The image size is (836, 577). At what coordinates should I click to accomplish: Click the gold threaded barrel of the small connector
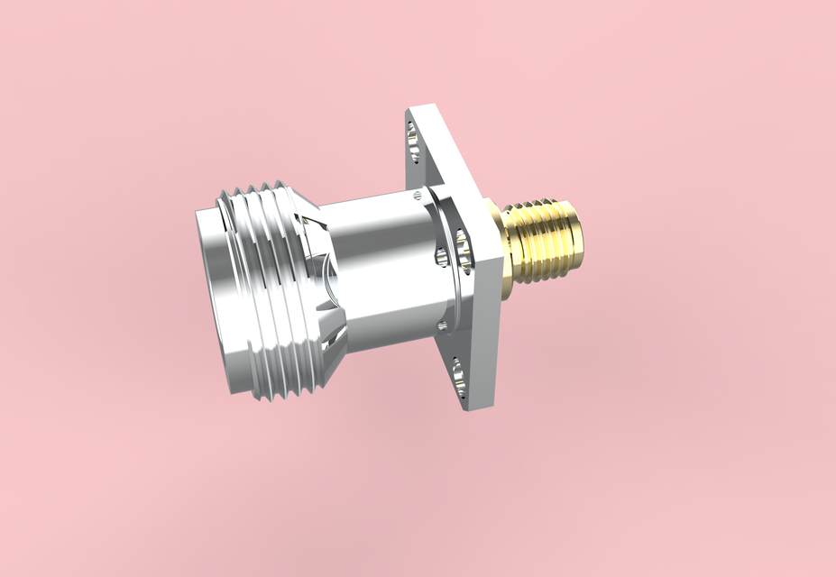547,240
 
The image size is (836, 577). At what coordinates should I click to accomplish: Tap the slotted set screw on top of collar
416,194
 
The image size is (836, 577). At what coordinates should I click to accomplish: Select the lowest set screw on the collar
443,325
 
